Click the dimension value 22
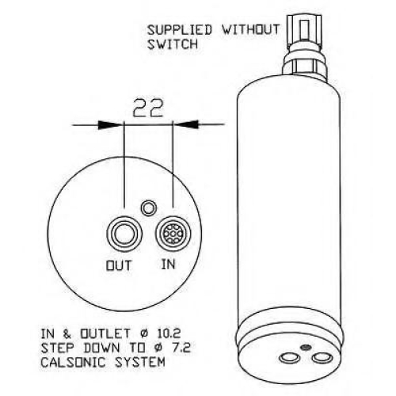pos(148,108)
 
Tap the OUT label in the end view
pos(119,265)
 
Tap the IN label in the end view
pos(168,264)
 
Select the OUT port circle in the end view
pos(124,234)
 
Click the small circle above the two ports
pos(149,208)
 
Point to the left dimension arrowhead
pos(110,124)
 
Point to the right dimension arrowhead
pos(186,124)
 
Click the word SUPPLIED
pos(180,30)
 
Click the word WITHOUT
pos(250,29)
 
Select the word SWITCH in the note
pos(173,44)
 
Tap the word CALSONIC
pos(73,362)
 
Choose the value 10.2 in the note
pos(169,333)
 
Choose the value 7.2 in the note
pos(180,348)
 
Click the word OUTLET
pos(105,333)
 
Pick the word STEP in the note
pos(58,348)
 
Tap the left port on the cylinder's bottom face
pos(290,358)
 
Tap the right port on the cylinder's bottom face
pos(322,358)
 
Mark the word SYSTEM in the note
pos(139,362)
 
